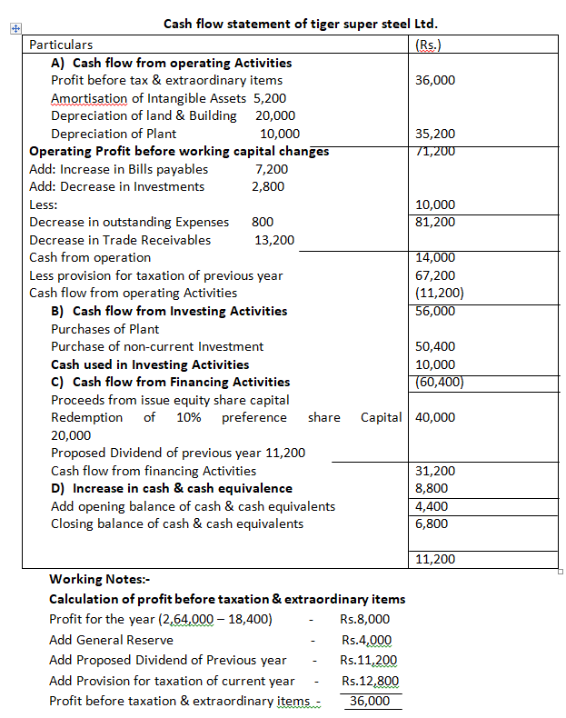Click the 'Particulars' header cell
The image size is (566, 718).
point(61,45)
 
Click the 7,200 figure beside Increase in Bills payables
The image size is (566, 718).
point(273,169)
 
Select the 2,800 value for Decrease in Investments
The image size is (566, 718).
point(268,186)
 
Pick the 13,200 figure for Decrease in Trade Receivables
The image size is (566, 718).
point(274,240)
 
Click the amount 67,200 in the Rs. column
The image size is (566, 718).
point(435,274)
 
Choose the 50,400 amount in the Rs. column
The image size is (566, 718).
point(435,346)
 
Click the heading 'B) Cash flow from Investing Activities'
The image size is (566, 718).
point(169,311)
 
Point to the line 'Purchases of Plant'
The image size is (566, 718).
point(104,329)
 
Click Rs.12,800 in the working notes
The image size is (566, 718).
point(369,681)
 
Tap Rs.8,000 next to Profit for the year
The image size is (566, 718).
point(365,620)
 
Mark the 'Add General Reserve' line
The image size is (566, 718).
point(111,640)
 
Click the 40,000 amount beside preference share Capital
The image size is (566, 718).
point(435,417)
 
